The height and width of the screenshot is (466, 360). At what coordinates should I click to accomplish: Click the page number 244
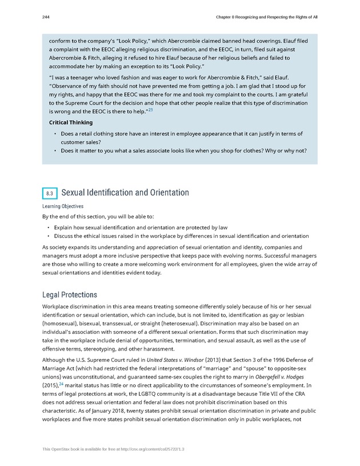point(46,17)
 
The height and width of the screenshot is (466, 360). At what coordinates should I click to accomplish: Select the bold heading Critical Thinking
point(71,122)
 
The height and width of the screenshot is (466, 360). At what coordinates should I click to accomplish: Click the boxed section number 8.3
point(49,193)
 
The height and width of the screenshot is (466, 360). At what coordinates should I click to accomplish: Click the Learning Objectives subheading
point(62,206)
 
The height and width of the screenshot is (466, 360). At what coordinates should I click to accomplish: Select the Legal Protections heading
point(69,295)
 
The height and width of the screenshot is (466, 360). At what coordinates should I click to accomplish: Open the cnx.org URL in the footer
point(145,449)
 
